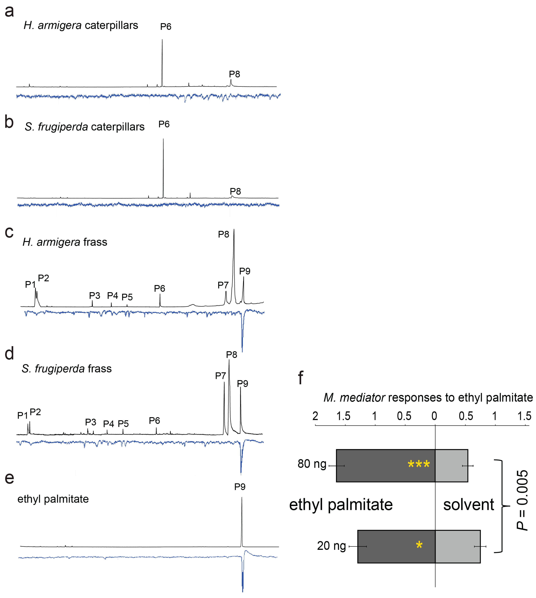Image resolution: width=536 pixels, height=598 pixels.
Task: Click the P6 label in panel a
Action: click(x=166, y=27)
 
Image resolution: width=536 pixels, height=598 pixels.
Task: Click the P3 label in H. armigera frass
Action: click(x=95, y=296)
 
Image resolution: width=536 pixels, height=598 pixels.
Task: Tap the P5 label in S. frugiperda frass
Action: click(x=123, y=424)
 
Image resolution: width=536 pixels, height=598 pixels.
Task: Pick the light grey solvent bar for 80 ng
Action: click(x=451, y=466)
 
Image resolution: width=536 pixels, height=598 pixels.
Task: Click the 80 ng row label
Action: click(x=312, y=464)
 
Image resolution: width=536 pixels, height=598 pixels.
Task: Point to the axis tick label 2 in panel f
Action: click(x=315, y=416)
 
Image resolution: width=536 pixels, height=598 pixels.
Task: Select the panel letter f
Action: click(x=300, y=378)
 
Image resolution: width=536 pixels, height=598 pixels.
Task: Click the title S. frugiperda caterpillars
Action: click(x=85, y=127)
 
